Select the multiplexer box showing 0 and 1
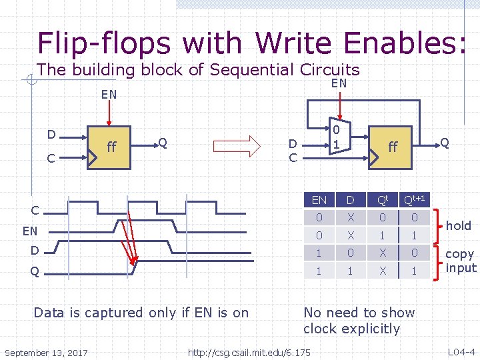point(337,139)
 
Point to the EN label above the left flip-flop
point(109,94)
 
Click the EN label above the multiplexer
point(339,83)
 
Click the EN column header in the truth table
point(319,200)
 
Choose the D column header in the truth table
point(349,200)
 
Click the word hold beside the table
point(459,225)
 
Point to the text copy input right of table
point(461,261)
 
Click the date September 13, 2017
point(46,352)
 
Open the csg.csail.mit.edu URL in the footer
point(249,352)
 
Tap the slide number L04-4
point(461,351)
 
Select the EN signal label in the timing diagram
point(29,231)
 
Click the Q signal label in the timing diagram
point(34,271)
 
